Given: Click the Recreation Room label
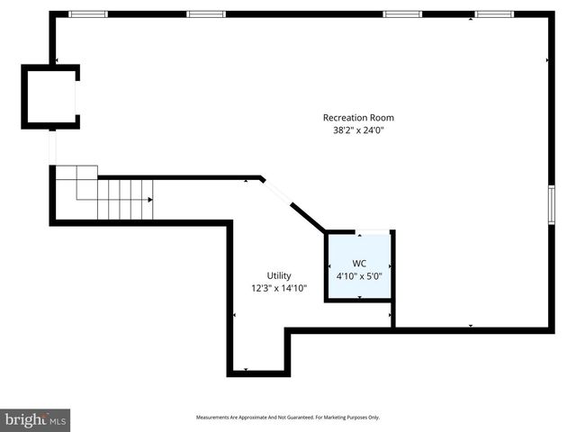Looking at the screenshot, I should point(358,117).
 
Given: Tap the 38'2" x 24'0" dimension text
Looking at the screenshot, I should point(358,130).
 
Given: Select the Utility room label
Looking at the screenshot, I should point(278,275).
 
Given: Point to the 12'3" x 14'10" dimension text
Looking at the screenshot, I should point(279,288).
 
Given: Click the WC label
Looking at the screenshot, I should point(359,264).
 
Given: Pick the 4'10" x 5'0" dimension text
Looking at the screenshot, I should point(359,276).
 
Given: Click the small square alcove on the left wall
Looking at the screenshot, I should point(49,97).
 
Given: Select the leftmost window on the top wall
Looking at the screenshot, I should point(87,14).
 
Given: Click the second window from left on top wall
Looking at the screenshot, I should point(206,14).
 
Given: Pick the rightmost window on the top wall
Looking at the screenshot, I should point(494,14).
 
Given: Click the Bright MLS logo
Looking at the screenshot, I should point(35,419).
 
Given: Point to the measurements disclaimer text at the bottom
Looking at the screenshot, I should point(287,418).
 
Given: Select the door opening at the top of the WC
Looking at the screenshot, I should point(369,231).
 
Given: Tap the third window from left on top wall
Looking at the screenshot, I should point(402,14).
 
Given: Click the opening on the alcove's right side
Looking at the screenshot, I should point(77,97).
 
